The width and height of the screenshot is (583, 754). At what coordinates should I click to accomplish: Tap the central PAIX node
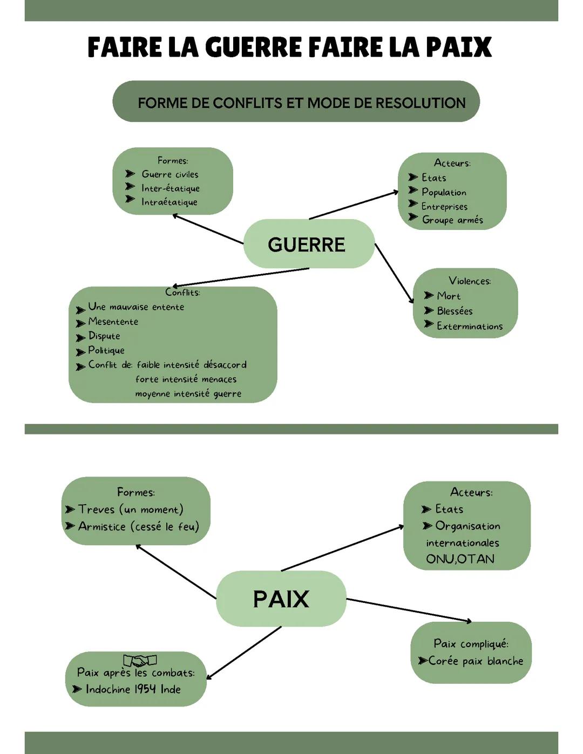point(281,599)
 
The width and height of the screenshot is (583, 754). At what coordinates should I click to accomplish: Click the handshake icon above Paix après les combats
point(140,660)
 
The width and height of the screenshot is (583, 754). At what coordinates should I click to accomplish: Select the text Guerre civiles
point(170,174)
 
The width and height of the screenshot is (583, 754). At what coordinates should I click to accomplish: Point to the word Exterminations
point(469,326)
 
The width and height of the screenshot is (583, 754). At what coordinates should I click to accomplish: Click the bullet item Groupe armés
point(452,220)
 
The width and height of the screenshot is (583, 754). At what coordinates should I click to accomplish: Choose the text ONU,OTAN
point(460,559)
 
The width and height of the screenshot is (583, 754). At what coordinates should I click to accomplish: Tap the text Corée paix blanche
point(475,661)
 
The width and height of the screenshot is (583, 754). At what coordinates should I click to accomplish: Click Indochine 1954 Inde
point(133,689)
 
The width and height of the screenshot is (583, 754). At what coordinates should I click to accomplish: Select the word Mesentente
point(113,322)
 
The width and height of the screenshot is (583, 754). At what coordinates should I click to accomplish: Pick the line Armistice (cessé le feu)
point(138,526)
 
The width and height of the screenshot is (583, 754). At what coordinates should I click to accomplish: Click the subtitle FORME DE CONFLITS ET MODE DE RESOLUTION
point(301,103)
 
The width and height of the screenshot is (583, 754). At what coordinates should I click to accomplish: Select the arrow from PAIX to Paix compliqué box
point(409,610)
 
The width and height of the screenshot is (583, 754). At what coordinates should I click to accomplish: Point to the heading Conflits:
point(182,293)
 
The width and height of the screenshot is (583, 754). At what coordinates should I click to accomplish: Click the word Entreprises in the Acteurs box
point(444,206)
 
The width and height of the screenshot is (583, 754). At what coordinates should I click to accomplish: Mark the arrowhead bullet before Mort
point(429,296)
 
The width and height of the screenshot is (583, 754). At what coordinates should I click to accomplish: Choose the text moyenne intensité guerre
point(188,394)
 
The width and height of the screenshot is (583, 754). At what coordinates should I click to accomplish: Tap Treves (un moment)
point(131,510)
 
